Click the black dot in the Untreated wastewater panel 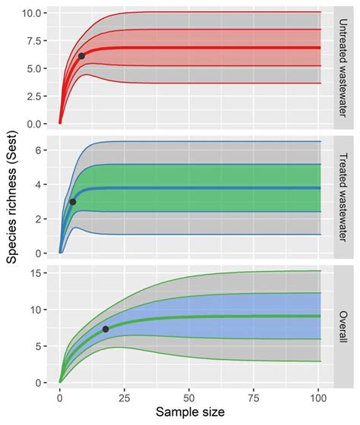click(81, 56)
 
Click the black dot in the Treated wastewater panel click(73, 202)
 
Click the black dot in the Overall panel click(105, 329)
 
